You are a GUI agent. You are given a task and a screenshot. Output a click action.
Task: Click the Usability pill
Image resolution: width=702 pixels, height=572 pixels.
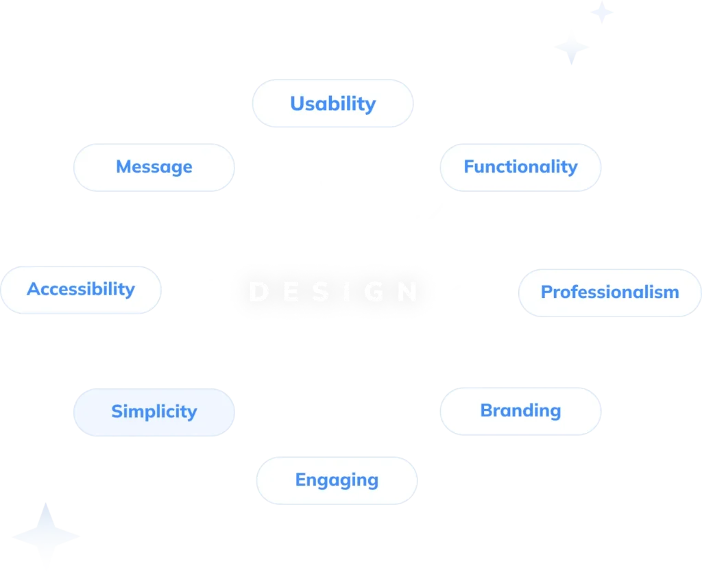tap(332, 103)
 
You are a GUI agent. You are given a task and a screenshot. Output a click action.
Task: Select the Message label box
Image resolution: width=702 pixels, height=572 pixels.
tap(154, 166)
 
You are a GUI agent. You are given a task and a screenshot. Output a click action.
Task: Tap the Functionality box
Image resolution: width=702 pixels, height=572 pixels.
tap(520, 166)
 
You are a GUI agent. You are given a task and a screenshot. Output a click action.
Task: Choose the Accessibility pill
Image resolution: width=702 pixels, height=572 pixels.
tap(81, 289)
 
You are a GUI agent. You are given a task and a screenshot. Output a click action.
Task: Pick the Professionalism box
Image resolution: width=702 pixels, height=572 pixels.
tap(609, 292)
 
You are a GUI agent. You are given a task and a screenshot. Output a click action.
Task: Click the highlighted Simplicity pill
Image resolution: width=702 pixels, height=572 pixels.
tap(154, 411)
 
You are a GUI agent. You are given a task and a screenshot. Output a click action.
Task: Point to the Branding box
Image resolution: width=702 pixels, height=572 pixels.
tap(520, 410)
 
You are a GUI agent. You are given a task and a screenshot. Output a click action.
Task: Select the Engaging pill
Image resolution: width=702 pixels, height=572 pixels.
tap(337, 480)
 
